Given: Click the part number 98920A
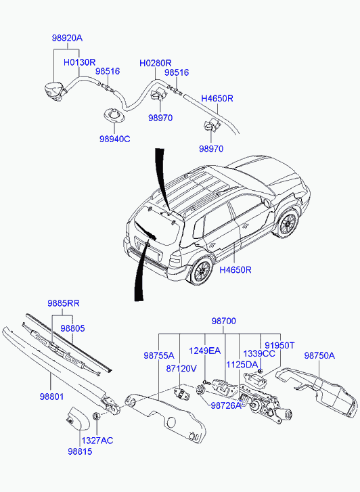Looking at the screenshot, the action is [67, 39].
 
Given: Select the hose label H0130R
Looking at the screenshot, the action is [79, 62].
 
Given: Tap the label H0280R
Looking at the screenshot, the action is [156, 64].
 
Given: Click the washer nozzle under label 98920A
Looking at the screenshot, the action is [55, 91].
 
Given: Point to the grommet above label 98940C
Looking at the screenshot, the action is [114, 115].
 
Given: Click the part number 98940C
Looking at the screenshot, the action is [115, 139].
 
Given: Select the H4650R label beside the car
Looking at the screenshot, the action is [235, 270].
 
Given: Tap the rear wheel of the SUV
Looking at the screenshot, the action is [200, 270].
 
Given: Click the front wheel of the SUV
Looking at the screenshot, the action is [287, 223].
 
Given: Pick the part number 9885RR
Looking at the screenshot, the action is [64, 303].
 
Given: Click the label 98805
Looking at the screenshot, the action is [73, 328].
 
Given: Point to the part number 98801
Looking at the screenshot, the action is [52, 397].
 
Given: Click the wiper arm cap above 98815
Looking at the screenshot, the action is [77, 418].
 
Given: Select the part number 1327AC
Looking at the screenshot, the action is [97, 441].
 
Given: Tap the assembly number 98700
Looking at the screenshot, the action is [224, 321].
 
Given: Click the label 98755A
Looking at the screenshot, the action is [159, 355].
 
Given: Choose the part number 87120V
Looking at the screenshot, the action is [181, 369].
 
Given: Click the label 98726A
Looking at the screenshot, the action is [226, 405].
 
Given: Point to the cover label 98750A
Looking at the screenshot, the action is [319, 355].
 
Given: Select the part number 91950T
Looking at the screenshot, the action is [279, 345].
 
